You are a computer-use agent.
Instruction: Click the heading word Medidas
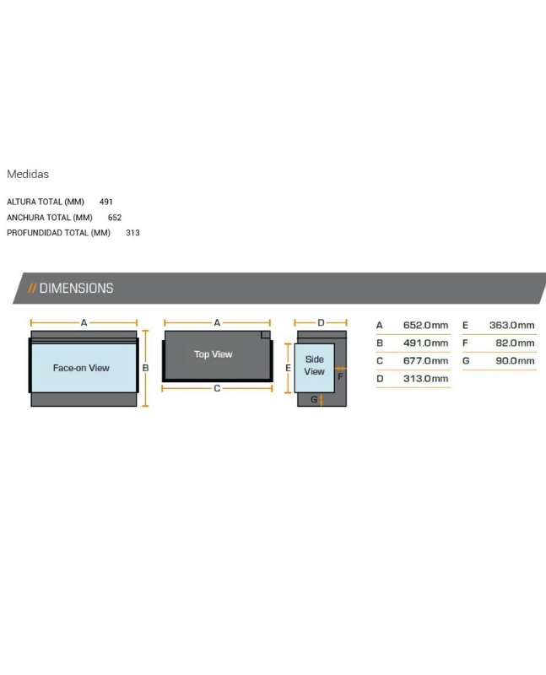(x=28, y=174)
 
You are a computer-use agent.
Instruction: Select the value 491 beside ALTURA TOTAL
(x=106, y=202)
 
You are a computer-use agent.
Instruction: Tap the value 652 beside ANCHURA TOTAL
(x=115, y=218)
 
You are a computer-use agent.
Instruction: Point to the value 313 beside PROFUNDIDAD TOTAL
(x=132, y=233)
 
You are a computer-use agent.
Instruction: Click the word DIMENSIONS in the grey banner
(x=76, y=288)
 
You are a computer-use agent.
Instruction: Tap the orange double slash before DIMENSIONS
(x=32, y=288)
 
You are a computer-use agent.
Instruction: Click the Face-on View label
(x=81, y=368)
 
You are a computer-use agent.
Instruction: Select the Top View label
(x=214, y=354)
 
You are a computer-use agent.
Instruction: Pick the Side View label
(x=314, y=365)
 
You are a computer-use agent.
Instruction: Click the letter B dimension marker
(x=145, y=368)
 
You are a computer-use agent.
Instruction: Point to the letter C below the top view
(x=217, y=388)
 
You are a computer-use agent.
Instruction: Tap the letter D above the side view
(x=321, y=322)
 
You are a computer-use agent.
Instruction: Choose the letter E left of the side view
(x=288, y=368)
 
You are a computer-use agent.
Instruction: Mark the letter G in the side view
(x=314, y=399)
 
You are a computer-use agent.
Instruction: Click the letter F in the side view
(x=340, y=376)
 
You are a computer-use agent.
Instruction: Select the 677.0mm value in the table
(x=425, y=361)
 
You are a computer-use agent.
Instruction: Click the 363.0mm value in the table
(x=511, y=325)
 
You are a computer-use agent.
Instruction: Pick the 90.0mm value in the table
(x=515, y=361)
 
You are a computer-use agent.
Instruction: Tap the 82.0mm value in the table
(x=515, y=343)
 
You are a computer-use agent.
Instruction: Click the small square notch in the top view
(x=266, y=335)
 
